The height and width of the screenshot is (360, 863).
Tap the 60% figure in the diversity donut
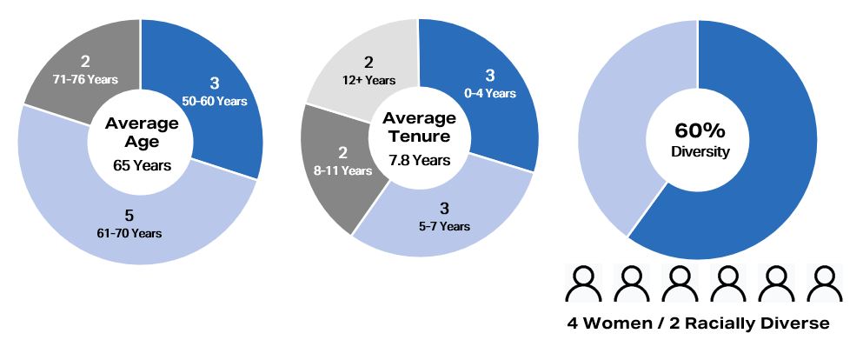tap(700, 131)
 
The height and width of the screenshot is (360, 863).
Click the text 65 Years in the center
tap(142, 164)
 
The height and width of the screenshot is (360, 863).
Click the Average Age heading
tap(142, 131)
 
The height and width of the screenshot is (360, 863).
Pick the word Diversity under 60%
tap(700, 152)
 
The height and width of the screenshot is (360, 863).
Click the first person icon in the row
tap(584, 283)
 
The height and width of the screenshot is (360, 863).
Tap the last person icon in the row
tap(821, 283)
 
